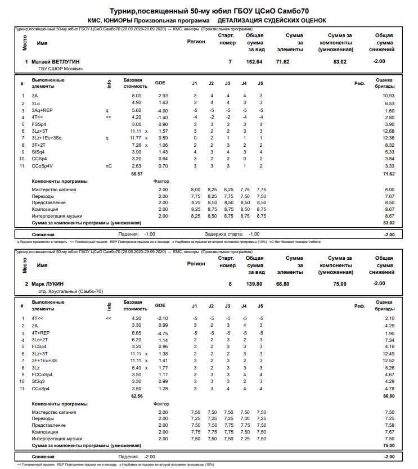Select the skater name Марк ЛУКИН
pos(48,284)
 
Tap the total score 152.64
pos(255,61)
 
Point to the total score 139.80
pos(255,284)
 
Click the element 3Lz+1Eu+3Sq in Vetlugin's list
pos(47,138)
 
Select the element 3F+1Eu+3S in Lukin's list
pos(45,360)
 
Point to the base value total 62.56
pos(136,396)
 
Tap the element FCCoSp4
pos(42,375)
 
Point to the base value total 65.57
pos(136,174)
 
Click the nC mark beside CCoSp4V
pos(109,166)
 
